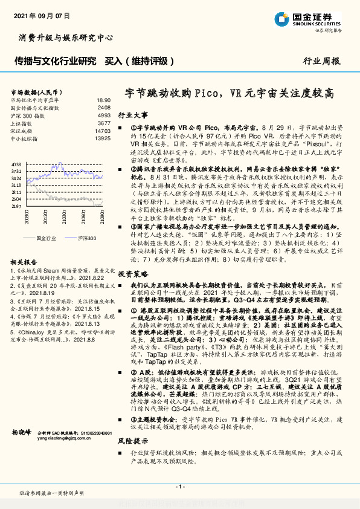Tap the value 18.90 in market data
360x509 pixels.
click(x=103, y=100)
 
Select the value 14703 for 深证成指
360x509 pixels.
click(x=103, y=131)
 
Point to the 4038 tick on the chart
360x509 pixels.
click(x=16, y=164)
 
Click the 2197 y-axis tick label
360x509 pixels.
click(x=16, y=206)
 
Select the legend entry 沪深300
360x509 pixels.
click(x=86, y=239)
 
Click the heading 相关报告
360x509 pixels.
click(x=24, y=262)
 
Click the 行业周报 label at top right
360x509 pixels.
click(x=321, y=61)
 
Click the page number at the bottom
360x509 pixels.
click(x=179, y=487)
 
